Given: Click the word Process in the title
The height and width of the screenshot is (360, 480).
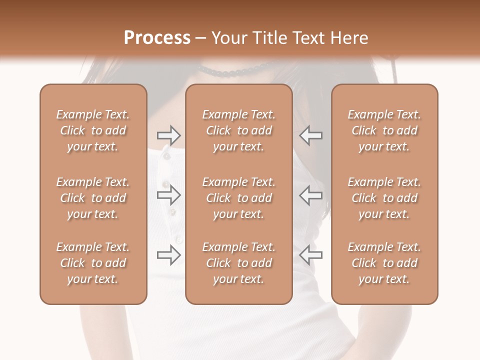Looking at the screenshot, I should pyautogui.click(x=157, y=38).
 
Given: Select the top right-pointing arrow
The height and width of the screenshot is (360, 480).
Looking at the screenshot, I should pyautogui.click(x=168, y=135).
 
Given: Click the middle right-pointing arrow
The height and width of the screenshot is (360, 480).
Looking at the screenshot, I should pyautogui.click(x=168, y=195).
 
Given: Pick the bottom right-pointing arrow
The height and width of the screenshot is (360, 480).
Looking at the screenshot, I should pyautogui.click(x=168, y=255).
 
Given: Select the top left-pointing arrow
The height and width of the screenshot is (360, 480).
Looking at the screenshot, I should pyautogui.click(x=311, y=135).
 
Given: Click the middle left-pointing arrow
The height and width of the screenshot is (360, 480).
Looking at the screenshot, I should pyautogui.click(x=311, y=195).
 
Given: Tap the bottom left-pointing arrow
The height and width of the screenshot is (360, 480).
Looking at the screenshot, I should pyautogui.click(x=311, y=255).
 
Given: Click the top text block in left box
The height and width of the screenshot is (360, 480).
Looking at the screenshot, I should pyautogui.click(x=93, y=130).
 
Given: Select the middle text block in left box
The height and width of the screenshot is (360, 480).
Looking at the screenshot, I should pyautogui.click(x=93, y=198).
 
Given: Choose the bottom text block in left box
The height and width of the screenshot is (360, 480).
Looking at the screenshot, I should pyautogui.click(x=93, y=263).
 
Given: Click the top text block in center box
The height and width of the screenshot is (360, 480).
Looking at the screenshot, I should pyautogui.click(x=238, y=130).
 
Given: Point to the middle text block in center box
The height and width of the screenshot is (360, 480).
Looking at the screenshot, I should pyautogui.click(x=238, y=198).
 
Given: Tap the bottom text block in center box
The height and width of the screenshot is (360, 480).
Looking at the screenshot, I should pyautogui.click(x=238, y=263).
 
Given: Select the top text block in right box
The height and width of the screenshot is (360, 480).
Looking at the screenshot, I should pyautogui.click(x=384, y=130).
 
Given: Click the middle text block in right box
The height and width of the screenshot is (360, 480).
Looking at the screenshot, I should pyautogui.click(x=384, y=198).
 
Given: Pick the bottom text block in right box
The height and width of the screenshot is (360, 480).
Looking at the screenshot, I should pyautogui.click(x=384, y=263).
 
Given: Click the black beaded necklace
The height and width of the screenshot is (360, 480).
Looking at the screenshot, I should pyautogui.click(x=235, y=72).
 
